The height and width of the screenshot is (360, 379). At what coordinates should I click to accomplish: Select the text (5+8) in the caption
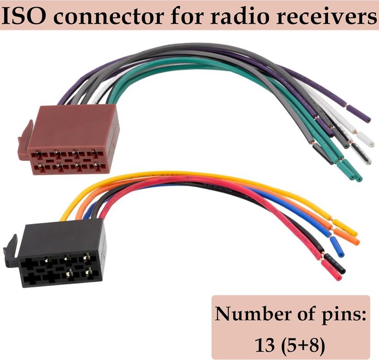[304, 340]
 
